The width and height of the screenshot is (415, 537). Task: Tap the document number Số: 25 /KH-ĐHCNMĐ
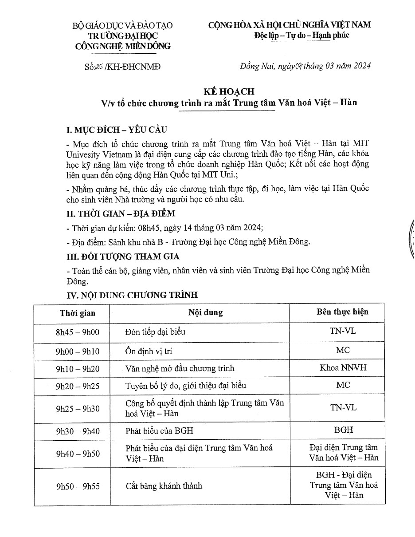(x=122, y=67)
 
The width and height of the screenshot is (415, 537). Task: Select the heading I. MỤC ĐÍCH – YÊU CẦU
(x=117, y=130)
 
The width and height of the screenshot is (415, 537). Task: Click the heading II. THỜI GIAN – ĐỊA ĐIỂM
(x=121, y=214)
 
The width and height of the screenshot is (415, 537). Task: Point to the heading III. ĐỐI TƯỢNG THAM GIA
(x=123, y=257)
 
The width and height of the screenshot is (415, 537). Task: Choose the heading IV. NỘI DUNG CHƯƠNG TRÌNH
(x=132, y=295)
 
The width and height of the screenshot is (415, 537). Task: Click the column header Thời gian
(x=78, y=313)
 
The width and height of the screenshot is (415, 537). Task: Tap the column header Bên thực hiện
(x=343, y=312)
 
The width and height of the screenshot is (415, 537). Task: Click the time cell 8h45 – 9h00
(x=78, y=332)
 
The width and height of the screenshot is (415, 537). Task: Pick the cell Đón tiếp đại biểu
(x=156, y=332)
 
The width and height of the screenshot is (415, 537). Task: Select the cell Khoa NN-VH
(x=343, y=367)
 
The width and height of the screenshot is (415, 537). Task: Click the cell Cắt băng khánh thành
(x=164, y=486)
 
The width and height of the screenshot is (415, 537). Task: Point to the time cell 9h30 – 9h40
(x=78, y=431)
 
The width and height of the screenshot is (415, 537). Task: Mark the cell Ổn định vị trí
(x=149, y=351)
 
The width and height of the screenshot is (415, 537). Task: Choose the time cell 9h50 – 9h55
(x=78, y=486)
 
